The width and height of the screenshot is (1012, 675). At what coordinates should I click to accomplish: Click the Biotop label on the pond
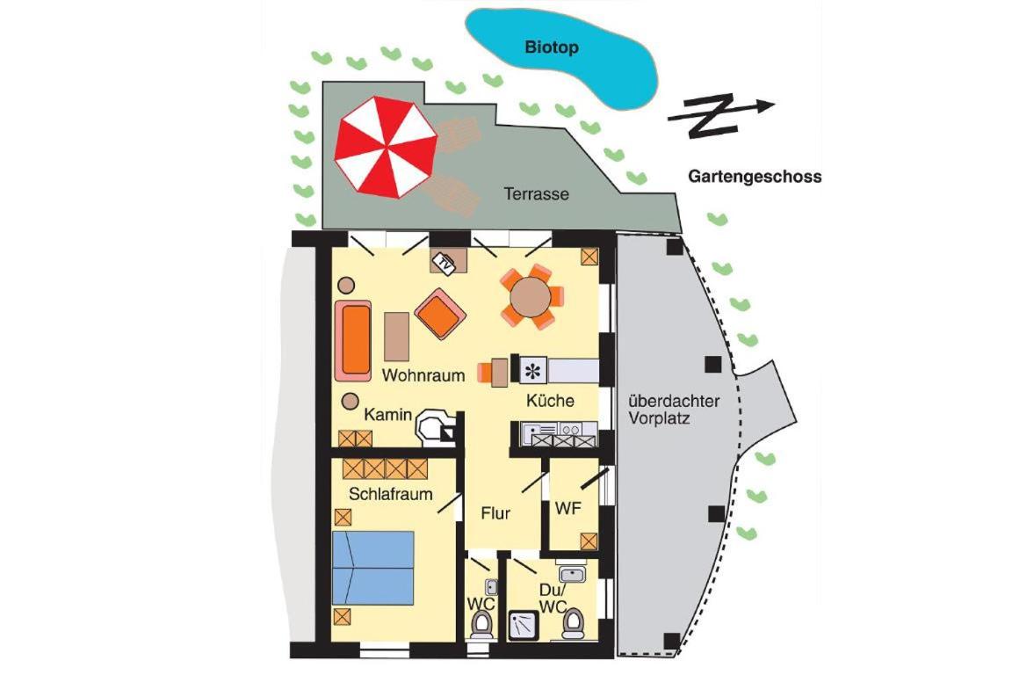tap(551, 47)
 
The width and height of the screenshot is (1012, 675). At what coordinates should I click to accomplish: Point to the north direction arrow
tap(720, 116)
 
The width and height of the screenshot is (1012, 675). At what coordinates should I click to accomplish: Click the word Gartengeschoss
tap(755, 177)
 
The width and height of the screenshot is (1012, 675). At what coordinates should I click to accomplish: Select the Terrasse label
tap(537, 193)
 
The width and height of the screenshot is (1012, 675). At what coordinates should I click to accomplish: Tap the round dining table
tap(531, 298)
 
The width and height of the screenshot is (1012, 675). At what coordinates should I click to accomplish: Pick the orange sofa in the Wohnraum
tap(353, 340)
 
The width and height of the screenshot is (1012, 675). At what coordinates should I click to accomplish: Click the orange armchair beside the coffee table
tap(440, 313)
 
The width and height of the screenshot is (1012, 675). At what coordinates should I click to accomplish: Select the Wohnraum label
tap(423, 374)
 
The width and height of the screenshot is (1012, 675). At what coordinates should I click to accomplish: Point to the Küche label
tap(550, 401)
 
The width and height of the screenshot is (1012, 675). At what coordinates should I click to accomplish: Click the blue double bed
tap(373, 569)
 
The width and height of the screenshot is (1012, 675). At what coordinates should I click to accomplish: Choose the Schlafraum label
tap(390, 494)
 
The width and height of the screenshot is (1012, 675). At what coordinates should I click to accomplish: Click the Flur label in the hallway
tap(495, 513)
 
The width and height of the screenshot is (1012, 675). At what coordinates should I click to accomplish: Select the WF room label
tap(568, 508)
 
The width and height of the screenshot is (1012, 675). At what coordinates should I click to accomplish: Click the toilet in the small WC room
tap(481, 625)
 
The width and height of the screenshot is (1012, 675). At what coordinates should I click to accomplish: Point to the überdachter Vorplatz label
tap(674, 410)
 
